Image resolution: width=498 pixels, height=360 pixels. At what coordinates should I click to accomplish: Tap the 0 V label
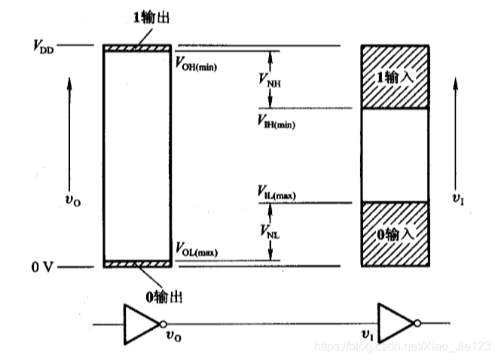(x=41, y=267)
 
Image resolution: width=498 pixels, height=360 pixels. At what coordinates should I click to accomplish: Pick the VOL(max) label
(x=196, y=249)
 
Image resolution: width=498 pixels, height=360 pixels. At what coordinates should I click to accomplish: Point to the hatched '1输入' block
(x=396, y=78)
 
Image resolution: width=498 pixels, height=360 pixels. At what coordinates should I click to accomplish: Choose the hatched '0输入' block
(x=396, y=233)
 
